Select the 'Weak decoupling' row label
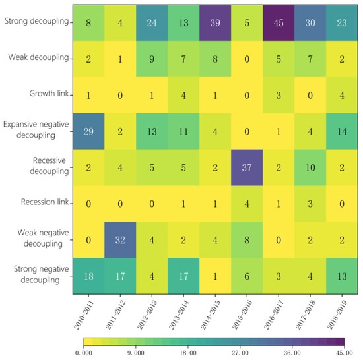click(x=40, y=59)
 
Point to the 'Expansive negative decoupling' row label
click(x=37, y=130)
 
